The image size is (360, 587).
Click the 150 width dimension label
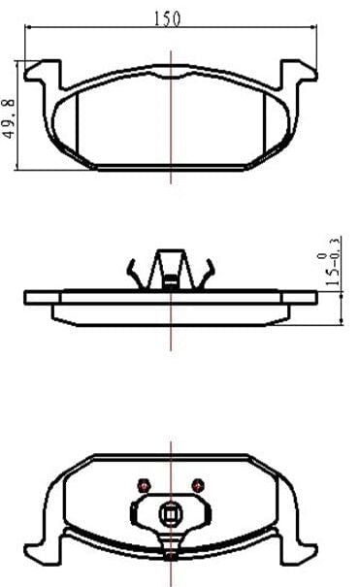pyautogui.click(x=167, y=18)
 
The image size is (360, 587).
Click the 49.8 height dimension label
pyautogui.click(x=9, y=118)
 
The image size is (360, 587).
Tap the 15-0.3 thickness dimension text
pyautogui.click(x=332, y=261)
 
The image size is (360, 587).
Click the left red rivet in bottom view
pyautogui.click(x=144, y=485)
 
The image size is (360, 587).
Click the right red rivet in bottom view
pyautogui.click(x=198, y=485)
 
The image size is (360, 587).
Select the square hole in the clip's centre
pyautogui.click(x=170, y=515)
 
